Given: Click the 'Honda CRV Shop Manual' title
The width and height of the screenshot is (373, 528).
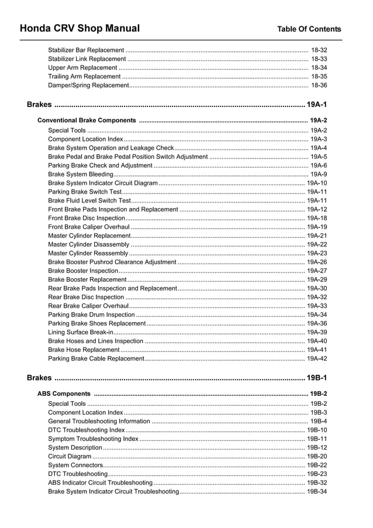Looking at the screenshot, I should [x=80, y=29].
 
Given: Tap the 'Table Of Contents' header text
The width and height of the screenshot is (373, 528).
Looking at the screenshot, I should [x=309, y=29].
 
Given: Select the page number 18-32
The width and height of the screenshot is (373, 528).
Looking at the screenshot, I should [x=319, y=50].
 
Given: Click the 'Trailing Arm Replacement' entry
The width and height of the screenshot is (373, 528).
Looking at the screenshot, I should [x=84, y=77].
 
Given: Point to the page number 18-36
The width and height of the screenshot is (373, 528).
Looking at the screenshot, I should [x=319, y=85].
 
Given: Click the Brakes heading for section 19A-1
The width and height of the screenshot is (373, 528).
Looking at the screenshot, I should [x=39, y=105].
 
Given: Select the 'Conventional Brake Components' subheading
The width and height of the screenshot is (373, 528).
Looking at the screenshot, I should [x=87, y=120].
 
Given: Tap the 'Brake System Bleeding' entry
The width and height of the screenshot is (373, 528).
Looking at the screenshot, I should [x=81, y=174].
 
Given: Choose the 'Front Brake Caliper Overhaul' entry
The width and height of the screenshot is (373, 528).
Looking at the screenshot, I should [x=89, y=227].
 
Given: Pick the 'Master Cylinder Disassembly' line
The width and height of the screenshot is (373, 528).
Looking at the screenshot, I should [x=88, y=244].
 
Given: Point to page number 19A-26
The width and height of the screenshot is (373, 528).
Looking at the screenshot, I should [x=317, y=262].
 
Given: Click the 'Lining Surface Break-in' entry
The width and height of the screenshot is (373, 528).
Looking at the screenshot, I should [x=81, y=332].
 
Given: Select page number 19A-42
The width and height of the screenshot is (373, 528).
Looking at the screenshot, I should [x=317, y=358].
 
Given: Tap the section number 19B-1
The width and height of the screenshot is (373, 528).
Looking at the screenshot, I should [x=316, y=378].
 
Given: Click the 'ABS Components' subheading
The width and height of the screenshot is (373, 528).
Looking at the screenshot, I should [x=64, y=394].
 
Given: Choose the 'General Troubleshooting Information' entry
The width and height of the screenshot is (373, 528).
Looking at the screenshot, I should [x=99, y=421].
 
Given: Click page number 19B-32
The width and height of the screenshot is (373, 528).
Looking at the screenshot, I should [x=317, y=482].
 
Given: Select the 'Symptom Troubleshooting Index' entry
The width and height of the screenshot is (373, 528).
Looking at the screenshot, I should [x=93, y=439].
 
